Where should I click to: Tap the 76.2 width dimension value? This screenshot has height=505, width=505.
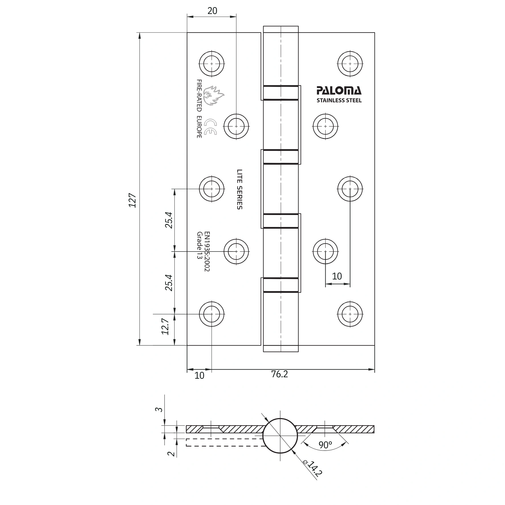279,374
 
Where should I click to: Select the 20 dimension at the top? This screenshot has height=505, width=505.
212,11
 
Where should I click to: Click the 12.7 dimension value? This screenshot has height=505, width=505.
165,327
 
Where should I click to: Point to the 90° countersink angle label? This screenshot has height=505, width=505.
325,445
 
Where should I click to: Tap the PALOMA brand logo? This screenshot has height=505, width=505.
339,91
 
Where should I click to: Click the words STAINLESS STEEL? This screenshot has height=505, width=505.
339,100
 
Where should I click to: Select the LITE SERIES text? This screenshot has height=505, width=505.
240,189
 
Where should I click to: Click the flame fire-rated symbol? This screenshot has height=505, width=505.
215,96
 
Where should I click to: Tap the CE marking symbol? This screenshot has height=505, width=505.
211,127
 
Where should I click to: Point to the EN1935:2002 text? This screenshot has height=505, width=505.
207,251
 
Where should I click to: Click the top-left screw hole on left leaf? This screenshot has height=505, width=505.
212,64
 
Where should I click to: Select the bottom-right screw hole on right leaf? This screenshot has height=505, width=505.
350,314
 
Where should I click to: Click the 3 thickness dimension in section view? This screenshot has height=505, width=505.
160,409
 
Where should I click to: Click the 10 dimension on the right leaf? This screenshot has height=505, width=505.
337,276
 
